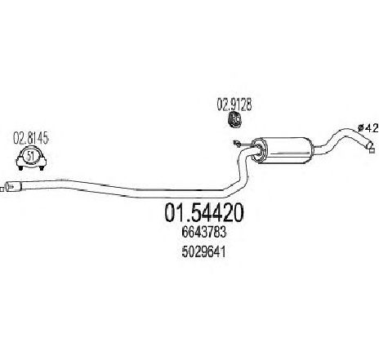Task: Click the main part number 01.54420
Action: coord(203,212)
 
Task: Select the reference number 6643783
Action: coord(203,232)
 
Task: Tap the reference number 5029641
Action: coord(203,252)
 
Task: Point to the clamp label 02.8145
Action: coord(31,138)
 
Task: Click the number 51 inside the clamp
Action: coord(30,156)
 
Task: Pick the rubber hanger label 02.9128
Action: coord(234,104)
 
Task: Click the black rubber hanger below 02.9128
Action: coord(234,119)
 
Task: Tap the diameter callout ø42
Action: coord(368,127)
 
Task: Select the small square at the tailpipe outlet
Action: coord(372,151)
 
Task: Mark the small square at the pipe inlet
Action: coord(2,189)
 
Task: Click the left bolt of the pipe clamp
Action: coord(20,167)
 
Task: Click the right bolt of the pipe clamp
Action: coord(42,167)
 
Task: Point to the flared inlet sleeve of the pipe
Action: coord(13,188)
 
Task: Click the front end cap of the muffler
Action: coord(258,150)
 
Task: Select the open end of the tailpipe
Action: coord(371,144)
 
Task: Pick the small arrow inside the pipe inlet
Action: coord(10,187)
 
